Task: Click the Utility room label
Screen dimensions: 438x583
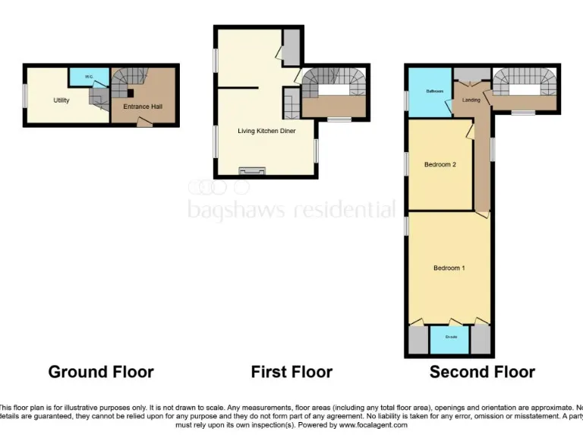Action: (61, 100)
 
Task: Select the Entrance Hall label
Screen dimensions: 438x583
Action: (143, 106)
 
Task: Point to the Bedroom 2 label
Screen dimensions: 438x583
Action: (439, 164)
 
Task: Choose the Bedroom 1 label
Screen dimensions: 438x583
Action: (449, 268)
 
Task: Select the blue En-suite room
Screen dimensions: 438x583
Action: (449, 339)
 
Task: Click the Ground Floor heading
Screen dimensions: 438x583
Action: (101, 372)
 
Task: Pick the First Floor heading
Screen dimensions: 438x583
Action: (291, 372)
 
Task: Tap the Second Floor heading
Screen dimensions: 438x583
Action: (482, 372)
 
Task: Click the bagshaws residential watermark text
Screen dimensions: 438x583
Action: (291, 209)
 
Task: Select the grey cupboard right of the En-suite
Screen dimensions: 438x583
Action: (480, 339)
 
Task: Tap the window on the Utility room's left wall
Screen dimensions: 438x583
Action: (24, 96)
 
